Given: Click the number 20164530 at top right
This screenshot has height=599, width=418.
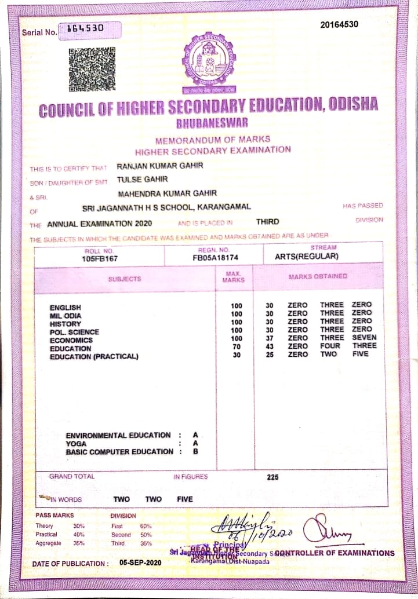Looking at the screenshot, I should click(339, 24).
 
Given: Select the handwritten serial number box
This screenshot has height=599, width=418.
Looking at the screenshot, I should click(90, 30).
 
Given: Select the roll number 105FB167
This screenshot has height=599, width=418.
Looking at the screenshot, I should click(100, 258).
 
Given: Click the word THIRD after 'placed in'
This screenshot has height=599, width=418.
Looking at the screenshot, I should click(267, 221).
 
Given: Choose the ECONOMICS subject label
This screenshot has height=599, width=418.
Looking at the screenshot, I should click(70, 340).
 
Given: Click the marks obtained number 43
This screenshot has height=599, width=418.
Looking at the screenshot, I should click(269, 346).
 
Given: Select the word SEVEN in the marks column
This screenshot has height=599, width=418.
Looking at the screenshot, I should click(364, 337).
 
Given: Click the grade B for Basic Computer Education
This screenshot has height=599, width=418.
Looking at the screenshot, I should click(195, 451).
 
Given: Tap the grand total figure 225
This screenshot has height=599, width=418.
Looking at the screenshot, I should click(272, 477).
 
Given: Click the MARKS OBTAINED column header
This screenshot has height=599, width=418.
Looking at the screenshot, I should click(318, 276).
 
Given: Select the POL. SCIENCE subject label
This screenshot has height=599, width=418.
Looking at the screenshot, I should click(74, 332).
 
